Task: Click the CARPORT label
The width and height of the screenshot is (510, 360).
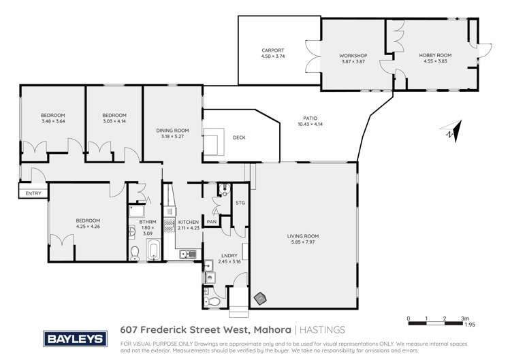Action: [272, 50]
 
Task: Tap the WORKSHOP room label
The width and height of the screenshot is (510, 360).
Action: [353, 55]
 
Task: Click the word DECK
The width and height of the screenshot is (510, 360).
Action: [239, 138]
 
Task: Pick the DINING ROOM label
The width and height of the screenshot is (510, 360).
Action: [172, 131]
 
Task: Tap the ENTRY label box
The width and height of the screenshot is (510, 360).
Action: [33, 193]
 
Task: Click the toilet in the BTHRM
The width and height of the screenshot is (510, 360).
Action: [135, 254]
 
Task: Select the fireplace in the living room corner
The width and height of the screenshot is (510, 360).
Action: [259, 298]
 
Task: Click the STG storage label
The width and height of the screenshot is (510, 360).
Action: [240, 203]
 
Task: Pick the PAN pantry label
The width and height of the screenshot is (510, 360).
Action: [212, 221]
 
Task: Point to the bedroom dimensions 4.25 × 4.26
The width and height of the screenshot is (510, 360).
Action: [89, 226]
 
